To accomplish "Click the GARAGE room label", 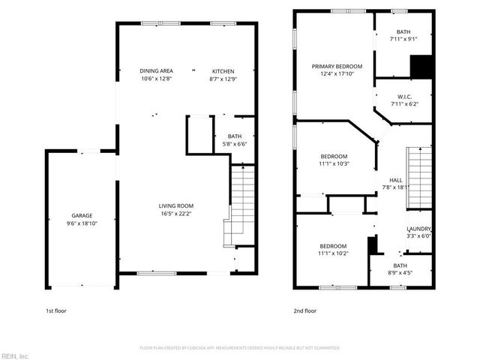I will click(82, 215).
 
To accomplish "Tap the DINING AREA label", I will click(157, 70).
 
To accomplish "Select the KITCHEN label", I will click(223, 70).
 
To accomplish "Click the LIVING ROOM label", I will click(176, 205).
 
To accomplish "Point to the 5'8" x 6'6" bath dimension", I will click(235, 143).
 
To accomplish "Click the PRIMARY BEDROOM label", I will click(337, 65).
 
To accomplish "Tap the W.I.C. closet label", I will click(403, 97).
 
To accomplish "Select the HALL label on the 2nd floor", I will click(395, 181).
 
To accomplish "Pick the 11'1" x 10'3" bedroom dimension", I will click(334, 163).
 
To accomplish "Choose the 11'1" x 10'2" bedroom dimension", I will click(333, 253).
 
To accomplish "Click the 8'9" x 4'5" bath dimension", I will click(400, 272).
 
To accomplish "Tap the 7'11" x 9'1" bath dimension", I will click(403, 39).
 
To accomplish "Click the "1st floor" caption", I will click(56, 310).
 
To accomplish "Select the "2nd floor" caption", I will click(305, 310).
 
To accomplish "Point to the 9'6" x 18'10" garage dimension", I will click(82, 223).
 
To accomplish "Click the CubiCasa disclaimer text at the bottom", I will click(240, 348).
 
